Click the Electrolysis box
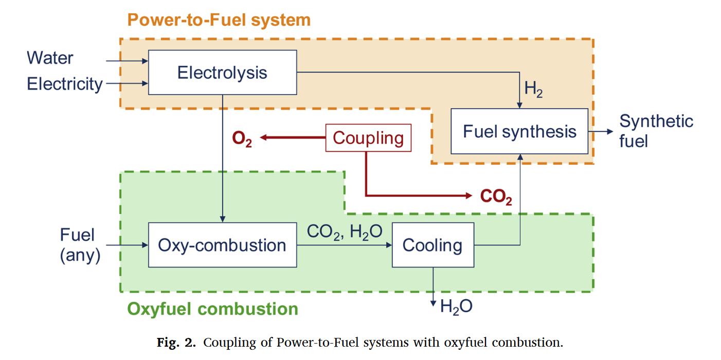222,73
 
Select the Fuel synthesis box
519,131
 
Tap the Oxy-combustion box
222,245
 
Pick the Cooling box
433,245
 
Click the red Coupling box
368,138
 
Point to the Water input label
50,58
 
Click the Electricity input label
65,84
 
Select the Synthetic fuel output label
656,131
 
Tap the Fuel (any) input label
80,245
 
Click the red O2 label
242,139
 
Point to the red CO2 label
496,196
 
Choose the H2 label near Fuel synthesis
533,88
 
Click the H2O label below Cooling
456,306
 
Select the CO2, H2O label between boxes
345,232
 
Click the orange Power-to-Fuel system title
219,20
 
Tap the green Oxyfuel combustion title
213,309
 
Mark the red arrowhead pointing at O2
263,137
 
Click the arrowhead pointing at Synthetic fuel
610,131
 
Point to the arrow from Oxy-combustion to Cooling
345,245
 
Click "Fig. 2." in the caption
176,343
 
